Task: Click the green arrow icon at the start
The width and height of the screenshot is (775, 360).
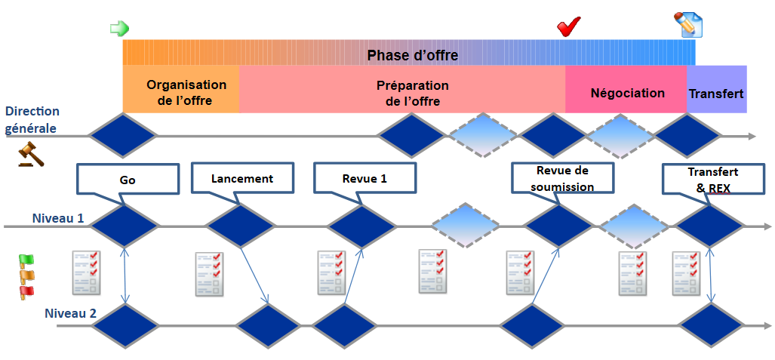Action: click(119, 29)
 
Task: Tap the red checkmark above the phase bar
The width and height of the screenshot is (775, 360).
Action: click(567, 27)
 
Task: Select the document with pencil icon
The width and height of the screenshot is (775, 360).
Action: click(687, 25)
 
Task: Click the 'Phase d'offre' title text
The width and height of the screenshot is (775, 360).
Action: click(412, 55)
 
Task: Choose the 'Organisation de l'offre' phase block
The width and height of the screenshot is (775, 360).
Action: click(180, 93)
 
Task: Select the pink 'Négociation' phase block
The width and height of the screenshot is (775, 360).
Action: click(626, 93)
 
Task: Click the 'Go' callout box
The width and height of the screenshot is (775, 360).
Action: click(128, 180)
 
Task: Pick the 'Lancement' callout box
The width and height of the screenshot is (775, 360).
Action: click(241, 178)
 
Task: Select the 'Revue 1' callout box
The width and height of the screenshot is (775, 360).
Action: click(364, 178)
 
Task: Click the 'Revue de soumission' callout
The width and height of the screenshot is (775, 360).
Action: click(562, 178)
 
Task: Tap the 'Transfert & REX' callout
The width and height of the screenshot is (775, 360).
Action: click(712, 178)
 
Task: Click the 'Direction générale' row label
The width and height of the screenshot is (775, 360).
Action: click(32, 119)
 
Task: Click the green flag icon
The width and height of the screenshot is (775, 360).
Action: click(26, 260)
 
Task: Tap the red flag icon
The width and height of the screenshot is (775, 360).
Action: click(26, 291)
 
